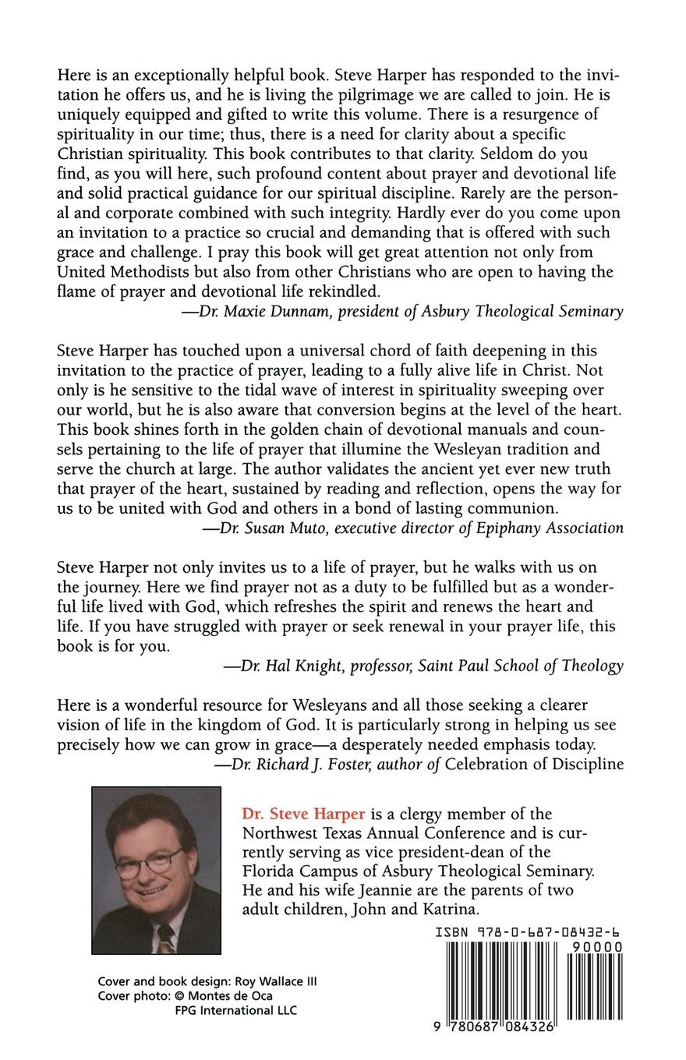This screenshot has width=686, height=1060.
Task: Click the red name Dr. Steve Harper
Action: coord(303,814)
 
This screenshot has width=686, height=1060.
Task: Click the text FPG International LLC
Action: coord(235,1011)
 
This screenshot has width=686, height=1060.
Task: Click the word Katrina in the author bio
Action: coord(450,910)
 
